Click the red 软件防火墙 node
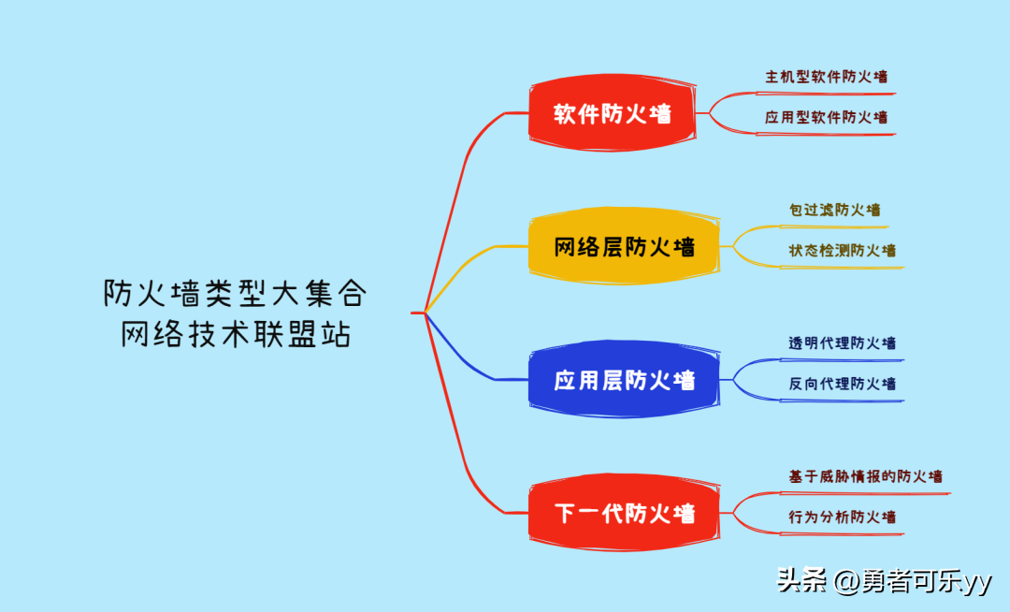click(613, 114)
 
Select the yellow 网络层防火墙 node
click(624, 247)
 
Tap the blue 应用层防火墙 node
click(624, 380)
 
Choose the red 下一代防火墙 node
click(624, 513)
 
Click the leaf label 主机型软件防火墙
click(826, 77)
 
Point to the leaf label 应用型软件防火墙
click(826, 118)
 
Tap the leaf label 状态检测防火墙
click(842, 251)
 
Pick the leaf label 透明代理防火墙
click(842, 343)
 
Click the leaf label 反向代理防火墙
click(842, 384)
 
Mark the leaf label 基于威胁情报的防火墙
click(865, 476)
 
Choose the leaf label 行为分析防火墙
click(842, 517)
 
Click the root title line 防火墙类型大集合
click(235, 294)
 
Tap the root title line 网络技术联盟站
click(235, 334)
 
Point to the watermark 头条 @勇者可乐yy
click(884, 581)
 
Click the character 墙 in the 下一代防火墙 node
click(684, 513)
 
